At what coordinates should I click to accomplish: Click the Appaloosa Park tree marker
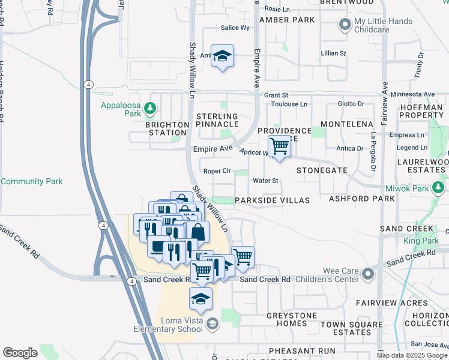[151, 109]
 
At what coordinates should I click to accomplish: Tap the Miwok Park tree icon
[439, 189]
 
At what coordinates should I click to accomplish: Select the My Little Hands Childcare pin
[345, 25]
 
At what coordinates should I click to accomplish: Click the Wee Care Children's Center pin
[368, 274]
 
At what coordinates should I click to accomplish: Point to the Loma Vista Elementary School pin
[211, 325]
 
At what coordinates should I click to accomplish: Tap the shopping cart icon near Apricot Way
[279, 146]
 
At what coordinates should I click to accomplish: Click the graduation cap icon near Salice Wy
[222, 56]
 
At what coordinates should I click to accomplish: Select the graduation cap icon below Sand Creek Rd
[201, 299]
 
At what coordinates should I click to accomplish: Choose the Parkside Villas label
[272, 200]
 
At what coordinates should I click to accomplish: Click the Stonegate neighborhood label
[322, 170]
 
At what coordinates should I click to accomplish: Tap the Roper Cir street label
[217, 171]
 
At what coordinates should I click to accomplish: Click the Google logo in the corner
[20, 353]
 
